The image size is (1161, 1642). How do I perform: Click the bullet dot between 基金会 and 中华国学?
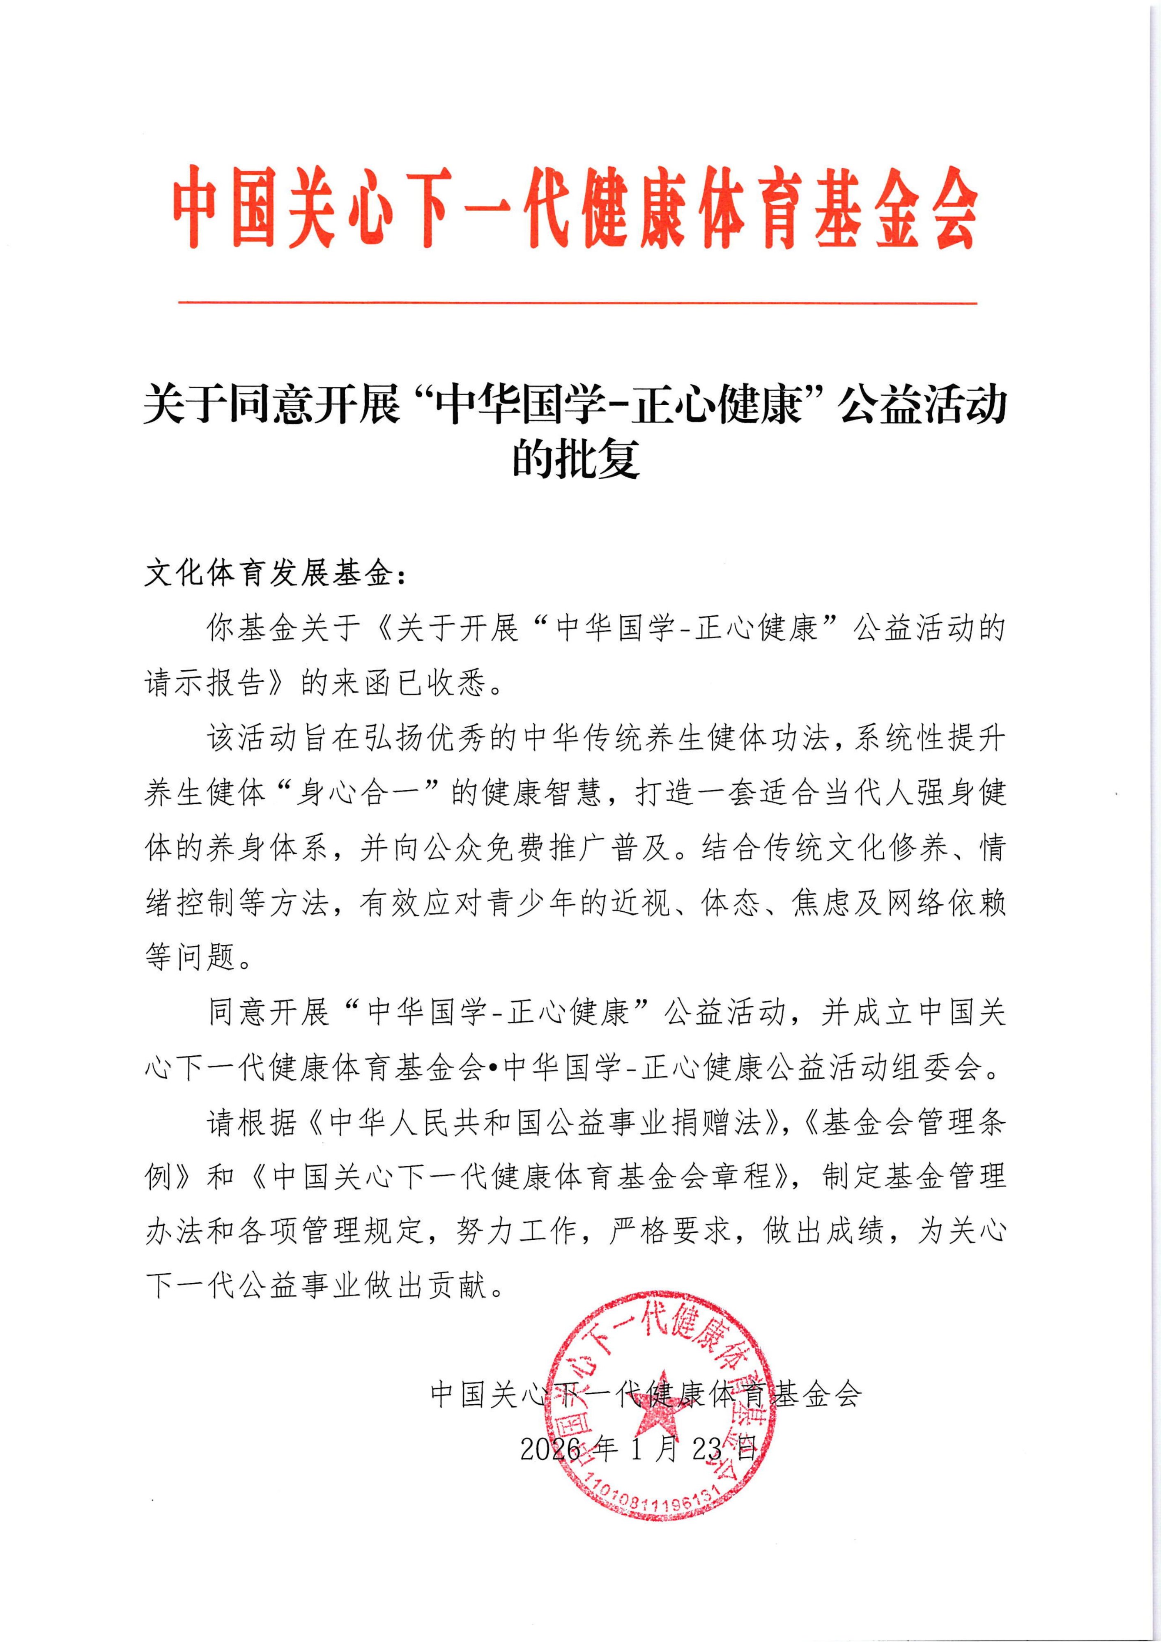tap(494, 1069)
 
